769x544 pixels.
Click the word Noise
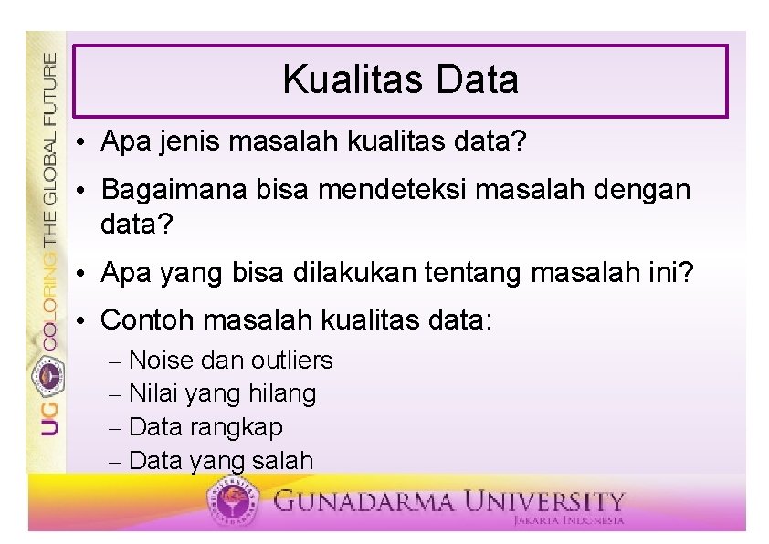[x=161, y=361]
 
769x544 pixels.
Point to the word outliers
[x=291, y=361]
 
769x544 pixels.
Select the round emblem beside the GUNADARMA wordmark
[x=235, y=501]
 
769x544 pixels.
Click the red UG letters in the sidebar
[x=50, y=415]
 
